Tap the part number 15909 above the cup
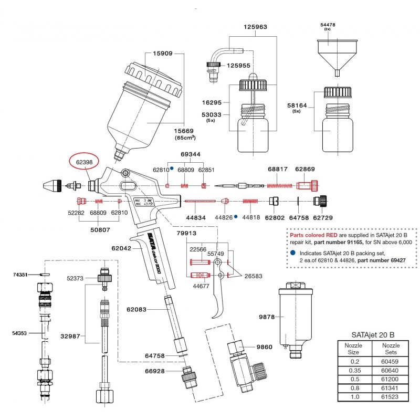[163, 54]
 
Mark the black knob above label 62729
[320, 201]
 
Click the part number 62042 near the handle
[121, 250]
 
